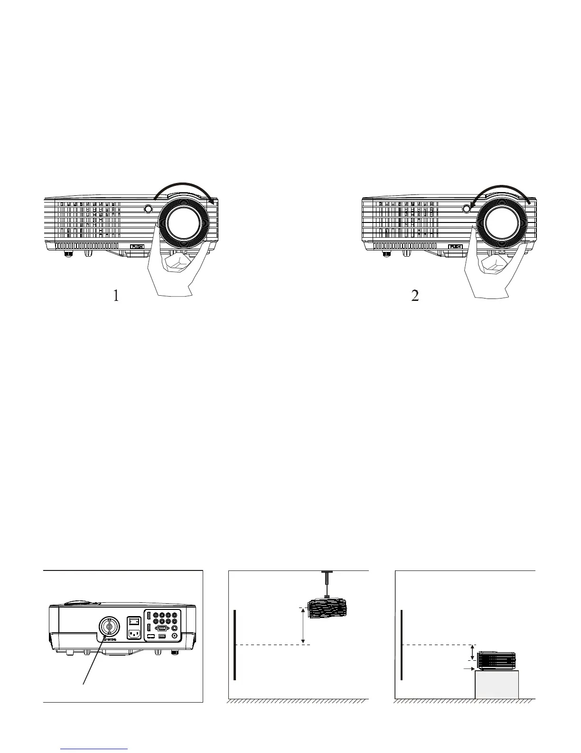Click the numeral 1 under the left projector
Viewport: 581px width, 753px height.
point(116,296)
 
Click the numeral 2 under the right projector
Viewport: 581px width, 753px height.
point(415,296)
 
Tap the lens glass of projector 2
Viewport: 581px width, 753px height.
point(502,222)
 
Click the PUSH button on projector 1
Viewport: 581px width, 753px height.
point(137,247)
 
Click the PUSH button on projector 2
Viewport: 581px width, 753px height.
point(456,247)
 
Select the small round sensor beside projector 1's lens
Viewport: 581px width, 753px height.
point(148,209)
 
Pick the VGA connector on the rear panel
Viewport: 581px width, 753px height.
point(161,627)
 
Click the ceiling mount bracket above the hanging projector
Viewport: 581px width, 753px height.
point(326,583)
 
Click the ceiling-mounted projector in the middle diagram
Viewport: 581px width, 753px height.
point(328,609)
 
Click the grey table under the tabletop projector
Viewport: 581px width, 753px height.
point(497,684)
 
